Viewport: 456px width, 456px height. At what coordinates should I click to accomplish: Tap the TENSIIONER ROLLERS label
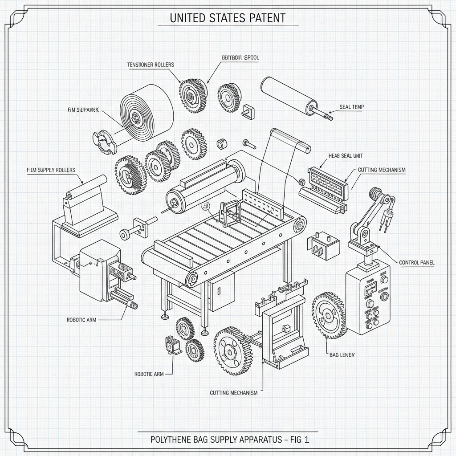click(x=151, y=65)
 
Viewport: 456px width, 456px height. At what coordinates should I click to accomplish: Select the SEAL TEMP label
click(x=352, y=107)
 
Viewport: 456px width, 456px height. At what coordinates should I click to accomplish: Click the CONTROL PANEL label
click(x=416, y=263)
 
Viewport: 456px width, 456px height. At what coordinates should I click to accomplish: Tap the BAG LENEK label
click(x=342, y=354)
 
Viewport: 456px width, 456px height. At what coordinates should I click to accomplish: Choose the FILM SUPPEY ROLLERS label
click(x=51, y=170)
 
